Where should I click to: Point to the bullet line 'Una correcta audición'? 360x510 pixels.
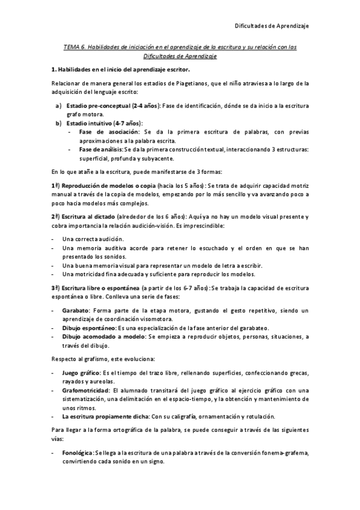point(92,239)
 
